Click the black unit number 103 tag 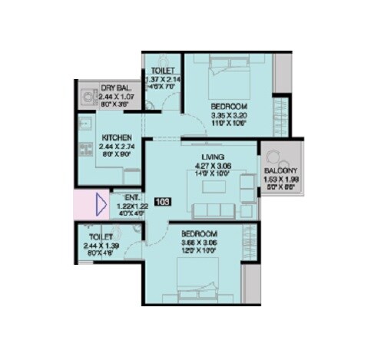pyautogui.click(x=162, y=202)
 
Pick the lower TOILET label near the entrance pyautogui.click(x=101, y=236)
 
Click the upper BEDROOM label pyautogui.click(x=229, y=105)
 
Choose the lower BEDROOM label pyautogui.click(x=199, y=233)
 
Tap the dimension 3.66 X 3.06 pyautogui.click(x=199, y=242)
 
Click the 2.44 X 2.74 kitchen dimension pyautogui.click(x=117, y=146)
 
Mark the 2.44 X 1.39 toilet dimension pyautogui.click(x=101, y=245)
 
